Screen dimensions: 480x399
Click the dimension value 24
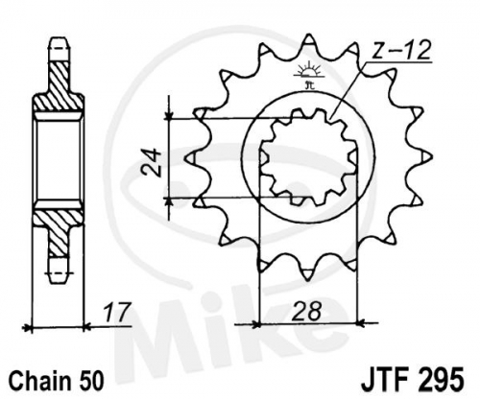(153, 161)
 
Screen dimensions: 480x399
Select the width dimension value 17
(117, 312)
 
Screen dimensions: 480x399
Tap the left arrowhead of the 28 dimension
(255, 324)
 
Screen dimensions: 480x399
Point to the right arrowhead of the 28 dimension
(361, 323)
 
